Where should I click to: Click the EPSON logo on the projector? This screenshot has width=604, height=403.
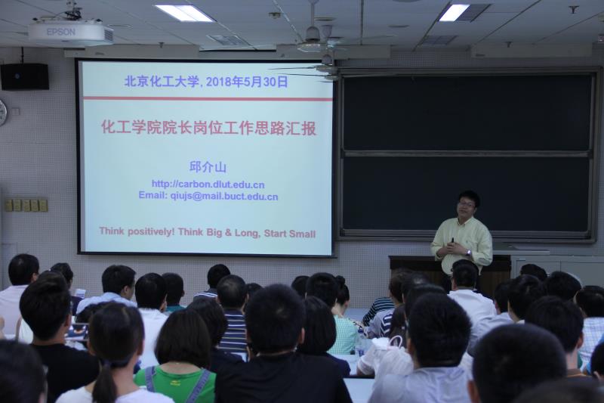coord(61,32)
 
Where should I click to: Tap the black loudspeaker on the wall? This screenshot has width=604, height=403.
coord(25,76)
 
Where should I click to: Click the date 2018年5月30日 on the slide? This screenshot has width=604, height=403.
coord(247,82)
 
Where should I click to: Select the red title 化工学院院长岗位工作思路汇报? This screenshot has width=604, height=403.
coord(209,128)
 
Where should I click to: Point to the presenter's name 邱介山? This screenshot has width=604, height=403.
coord(208,167)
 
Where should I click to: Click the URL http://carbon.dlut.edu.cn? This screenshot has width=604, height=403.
coord(208,184)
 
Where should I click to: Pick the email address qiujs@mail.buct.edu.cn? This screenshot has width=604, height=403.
coord(223,197)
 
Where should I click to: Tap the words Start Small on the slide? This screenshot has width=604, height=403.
coord(290,234)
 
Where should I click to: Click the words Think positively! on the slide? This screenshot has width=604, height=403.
coord(137,231)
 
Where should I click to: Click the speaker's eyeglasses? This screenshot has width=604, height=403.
coord(466,204)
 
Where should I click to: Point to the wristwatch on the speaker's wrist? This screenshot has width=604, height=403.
coord(468,253)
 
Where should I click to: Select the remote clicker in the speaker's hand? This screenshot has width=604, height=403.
coord(452,240)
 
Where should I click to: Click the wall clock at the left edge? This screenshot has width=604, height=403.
coord(3,112)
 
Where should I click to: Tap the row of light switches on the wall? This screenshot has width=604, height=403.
coord(26,205)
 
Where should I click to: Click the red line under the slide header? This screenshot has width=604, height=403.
coord(208,99)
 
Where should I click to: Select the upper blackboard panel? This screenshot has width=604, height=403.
coord(467,112)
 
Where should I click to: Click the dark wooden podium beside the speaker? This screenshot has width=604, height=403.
coord(448,272)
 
